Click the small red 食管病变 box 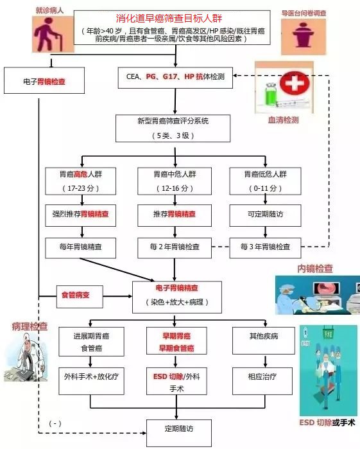[x=76, y=295]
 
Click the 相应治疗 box [x=265, y=376]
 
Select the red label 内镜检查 [x=314, y=268]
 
